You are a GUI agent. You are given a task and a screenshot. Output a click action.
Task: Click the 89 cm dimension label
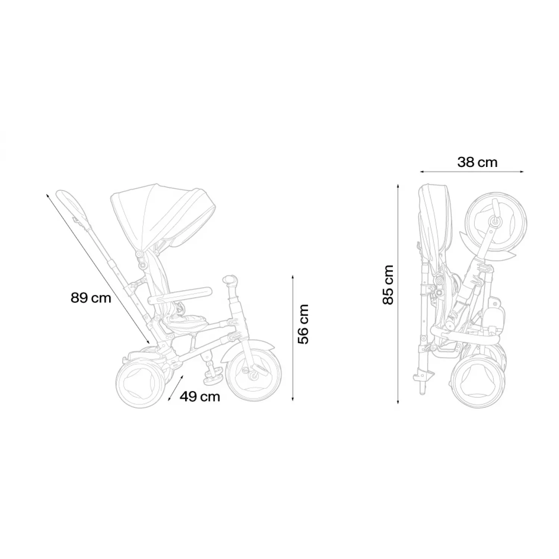point(91,298)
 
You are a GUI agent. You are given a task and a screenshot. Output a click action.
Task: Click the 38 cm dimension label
point(477,162)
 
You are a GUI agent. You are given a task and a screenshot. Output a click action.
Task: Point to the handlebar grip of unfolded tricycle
point(230,280)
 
